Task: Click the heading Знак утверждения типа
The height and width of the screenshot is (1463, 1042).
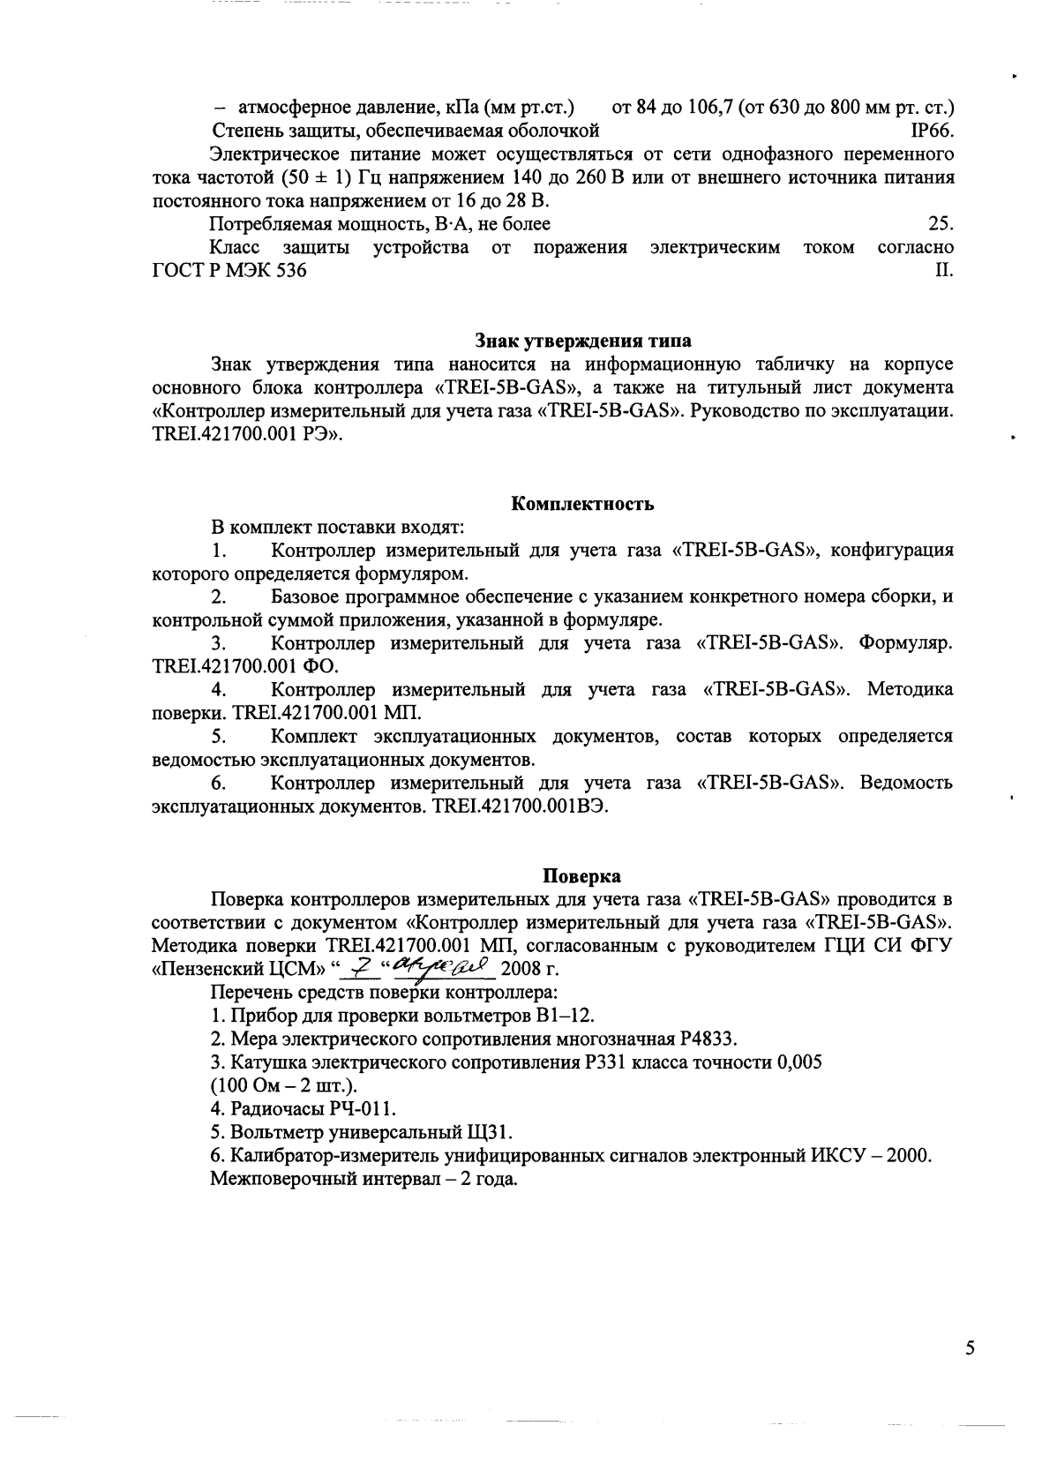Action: coord(583,341)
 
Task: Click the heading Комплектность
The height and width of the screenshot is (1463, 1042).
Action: coord(583,505)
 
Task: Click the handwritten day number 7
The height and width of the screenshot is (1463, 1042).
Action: coord(356,968)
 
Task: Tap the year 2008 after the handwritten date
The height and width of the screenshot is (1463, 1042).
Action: coord(519,970)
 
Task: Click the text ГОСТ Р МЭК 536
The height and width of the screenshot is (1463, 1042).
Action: coord(230,271)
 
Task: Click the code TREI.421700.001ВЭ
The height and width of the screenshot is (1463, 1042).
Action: coord(521,807)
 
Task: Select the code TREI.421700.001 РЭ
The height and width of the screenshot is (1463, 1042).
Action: coord(246,435)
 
